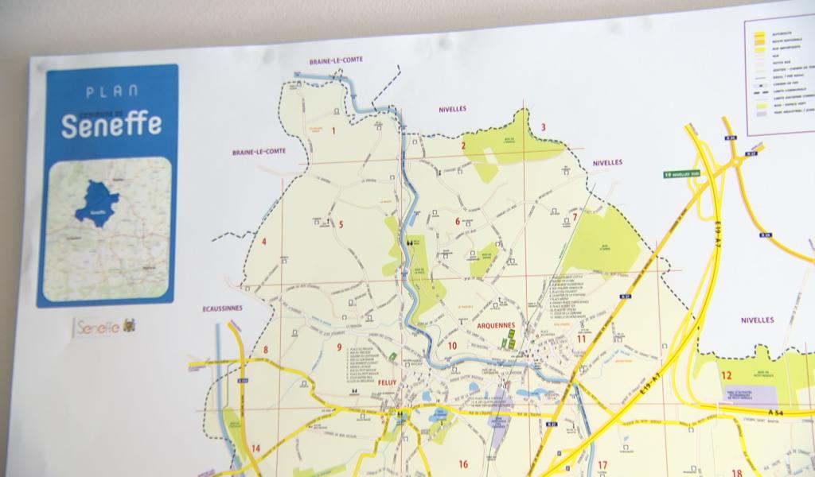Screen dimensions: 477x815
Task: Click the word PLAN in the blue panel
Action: point(111,91)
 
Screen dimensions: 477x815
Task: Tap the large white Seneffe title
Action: point(111,124)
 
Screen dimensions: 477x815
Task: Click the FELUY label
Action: point(388,382)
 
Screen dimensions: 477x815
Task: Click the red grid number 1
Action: point(333,131)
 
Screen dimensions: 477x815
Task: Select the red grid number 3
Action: point(544,127)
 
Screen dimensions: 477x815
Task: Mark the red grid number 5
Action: point(341,224)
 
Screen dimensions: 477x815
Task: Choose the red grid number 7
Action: point(575,217)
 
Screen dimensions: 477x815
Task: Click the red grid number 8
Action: point(266,350)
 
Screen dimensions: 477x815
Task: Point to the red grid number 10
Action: point(452,346)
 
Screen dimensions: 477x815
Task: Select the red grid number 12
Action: point(726,375)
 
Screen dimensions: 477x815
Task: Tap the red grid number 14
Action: point(255,448)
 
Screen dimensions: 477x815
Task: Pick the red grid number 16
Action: point(462,464)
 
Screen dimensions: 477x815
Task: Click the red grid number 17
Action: point(602,465)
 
